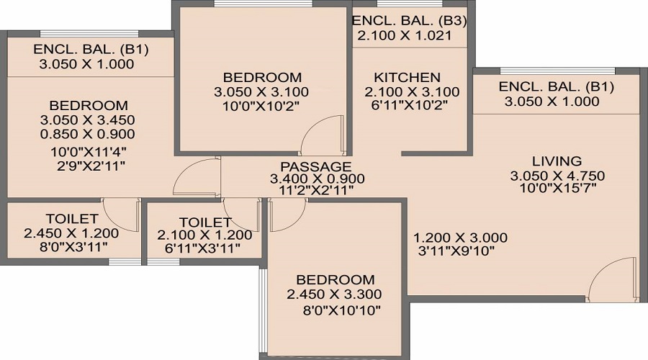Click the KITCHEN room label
(x=407, y=77)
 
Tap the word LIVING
(x=557, y=161)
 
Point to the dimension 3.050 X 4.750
(x=557, y=176)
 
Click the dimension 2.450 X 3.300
(x=333, y=294)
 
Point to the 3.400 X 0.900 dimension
(x=317, y=179)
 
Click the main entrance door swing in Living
(x=612, y=281)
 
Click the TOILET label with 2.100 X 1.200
(x=205, y=222)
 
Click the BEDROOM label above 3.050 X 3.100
(x=261, y=77)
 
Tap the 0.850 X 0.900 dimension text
(x=89, y=134)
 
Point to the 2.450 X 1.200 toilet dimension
(x=71, y=233)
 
